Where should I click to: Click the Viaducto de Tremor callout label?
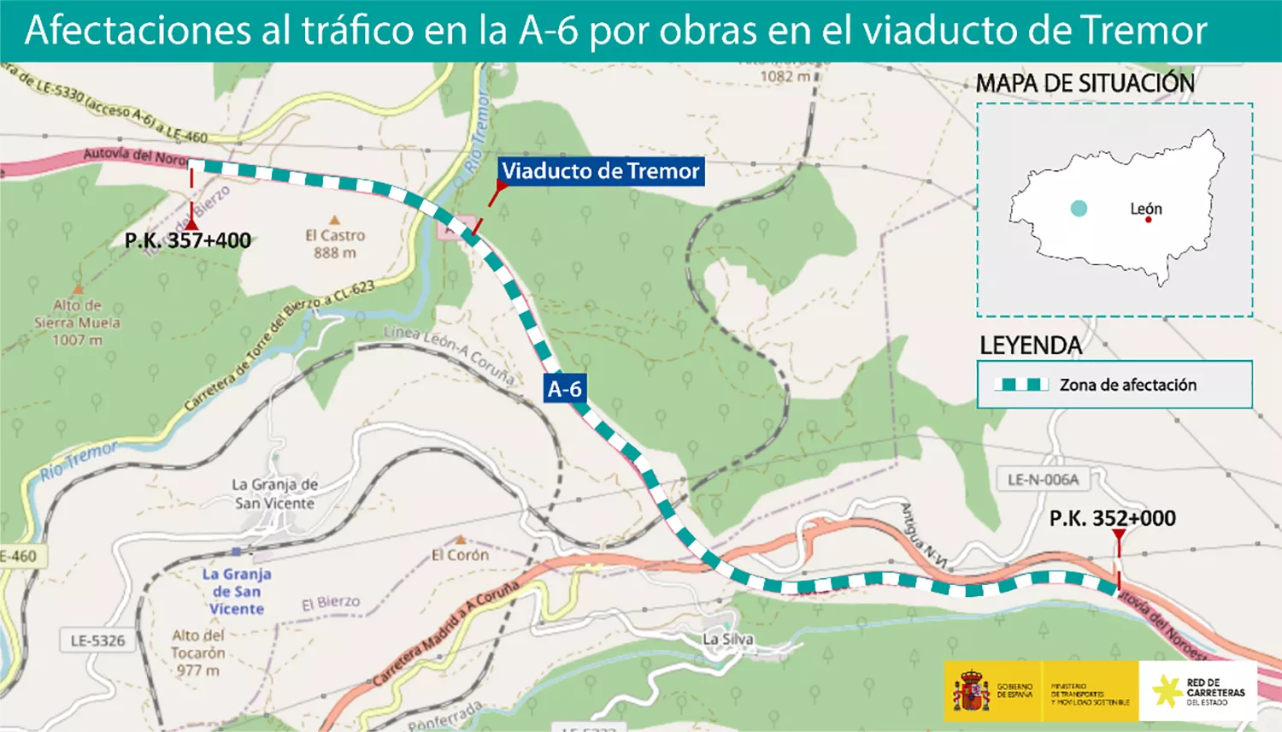click(x=600, y=171)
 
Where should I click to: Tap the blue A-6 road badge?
click(x=564, y=389)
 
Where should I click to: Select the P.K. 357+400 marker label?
click(x=188, y=240)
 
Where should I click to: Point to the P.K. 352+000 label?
click(x=1112, y=518)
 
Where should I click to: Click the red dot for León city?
click(x=1149, y=220)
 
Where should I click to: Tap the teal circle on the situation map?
click(x=1079, y=208)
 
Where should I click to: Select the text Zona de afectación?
click(x=1128, y=385)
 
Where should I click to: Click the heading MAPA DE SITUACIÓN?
click(x=1085, y=84)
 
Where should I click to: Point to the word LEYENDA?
click(x=1031, y=345)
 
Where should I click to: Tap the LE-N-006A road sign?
click(x=1043, y=480)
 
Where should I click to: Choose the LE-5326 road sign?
click(x=97, y=640)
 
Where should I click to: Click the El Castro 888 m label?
click(x=335, y=244)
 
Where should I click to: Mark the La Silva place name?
click(x=728, y=639)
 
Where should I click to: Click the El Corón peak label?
click(x=460, y=554)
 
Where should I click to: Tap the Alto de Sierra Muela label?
click(x=77, y=322)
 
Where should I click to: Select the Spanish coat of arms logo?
click(x=971, y=691)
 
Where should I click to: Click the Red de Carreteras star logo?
click(x=1167, y=691)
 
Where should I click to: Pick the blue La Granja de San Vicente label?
click(x=237, y=591)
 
